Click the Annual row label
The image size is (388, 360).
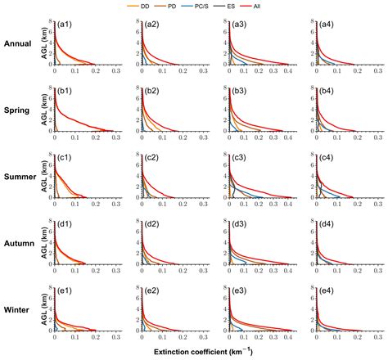18,44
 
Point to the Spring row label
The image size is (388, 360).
18,110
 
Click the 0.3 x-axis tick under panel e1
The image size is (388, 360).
115,337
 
